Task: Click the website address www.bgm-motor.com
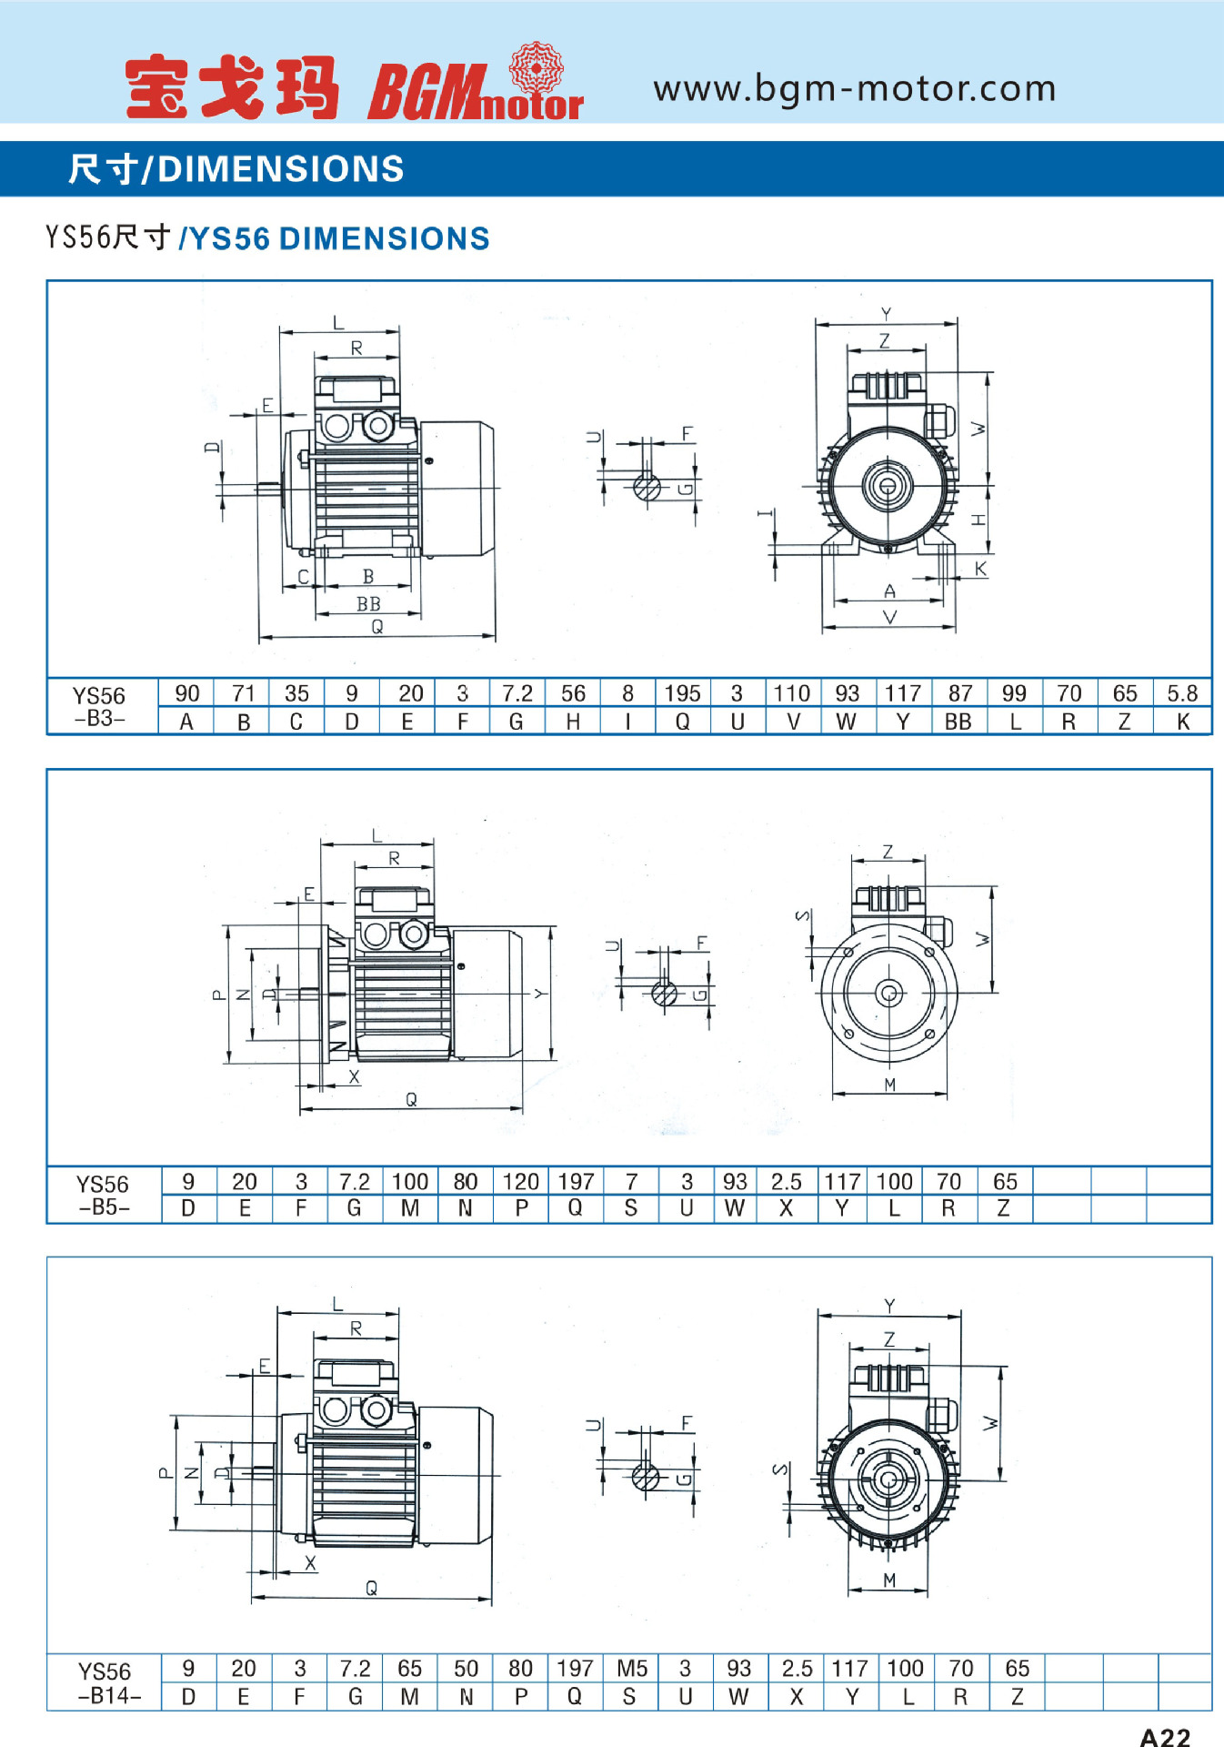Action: pos(855,88)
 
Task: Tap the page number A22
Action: pos(1165,1736)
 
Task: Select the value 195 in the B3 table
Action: pos(682,693)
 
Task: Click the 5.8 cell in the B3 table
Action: pos(1182,693)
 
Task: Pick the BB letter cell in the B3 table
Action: pos(958,722)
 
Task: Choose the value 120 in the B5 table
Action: pos(521,1181)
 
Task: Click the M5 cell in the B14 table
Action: pos(632,1668)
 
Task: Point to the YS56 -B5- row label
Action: pos(104,1195)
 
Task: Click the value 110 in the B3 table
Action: pos(792,693)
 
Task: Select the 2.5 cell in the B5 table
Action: pos(787,1181)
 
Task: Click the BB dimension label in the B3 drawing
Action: pos(368,603)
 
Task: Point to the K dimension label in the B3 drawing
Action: pos(981,569)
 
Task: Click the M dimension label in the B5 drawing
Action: pos(889,1084)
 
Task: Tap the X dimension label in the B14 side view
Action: pos(311,1562)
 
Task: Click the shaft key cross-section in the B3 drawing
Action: pos(647,487)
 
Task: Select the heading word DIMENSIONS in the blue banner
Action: pos(281,169)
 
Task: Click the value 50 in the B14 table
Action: pos(466,1668)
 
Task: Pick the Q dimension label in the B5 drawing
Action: pos(411,1099)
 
